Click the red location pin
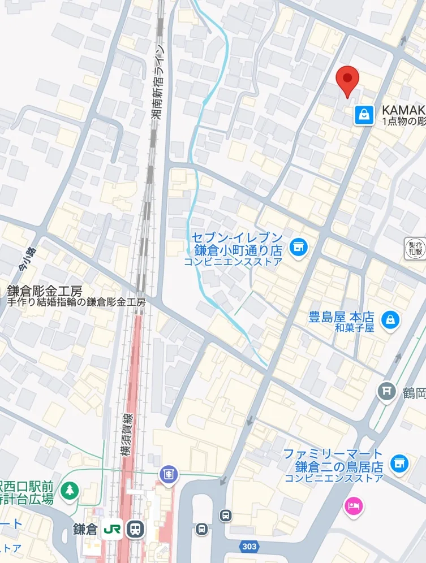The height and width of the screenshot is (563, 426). point(347,80)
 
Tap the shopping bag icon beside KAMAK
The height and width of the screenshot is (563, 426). point(364,115)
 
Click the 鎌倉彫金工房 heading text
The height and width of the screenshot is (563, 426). point(45,291)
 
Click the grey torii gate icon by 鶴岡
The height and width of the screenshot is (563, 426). point(387,391)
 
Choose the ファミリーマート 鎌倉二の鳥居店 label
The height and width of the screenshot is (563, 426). point(333,461)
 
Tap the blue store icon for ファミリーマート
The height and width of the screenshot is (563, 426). point(399,462)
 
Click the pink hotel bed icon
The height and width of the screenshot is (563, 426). point(353,505)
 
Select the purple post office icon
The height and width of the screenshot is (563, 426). point(168,475)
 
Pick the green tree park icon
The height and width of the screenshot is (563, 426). point(70,490)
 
